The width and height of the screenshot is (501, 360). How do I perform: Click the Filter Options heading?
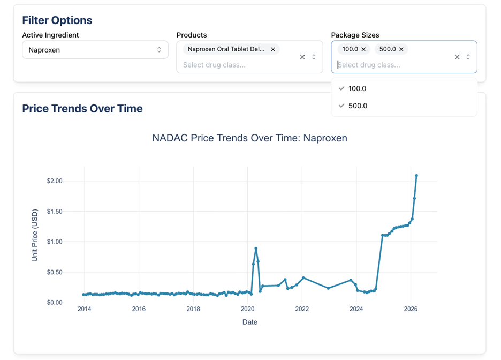pos(57,20)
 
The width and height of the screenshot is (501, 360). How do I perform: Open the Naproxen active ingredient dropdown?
pos(95,50)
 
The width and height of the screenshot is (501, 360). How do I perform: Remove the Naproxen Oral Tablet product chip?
pos(273,49)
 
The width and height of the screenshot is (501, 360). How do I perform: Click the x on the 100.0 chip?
pos(363,49)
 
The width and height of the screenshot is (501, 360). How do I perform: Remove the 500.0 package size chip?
pos(401,49)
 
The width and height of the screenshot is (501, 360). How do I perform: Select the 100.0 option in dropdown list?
pos(357,88)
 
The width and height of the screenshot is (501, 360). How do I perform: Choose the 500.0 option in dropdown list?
pos(358,106)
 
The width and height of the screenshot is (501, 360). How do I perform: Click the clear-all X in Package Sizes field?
pos(457,57)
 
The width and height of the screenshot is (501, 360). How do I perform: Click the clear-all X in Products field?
pos(302,57)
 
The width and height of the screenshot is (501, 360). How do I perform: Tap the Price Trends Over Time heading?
pos(82,109)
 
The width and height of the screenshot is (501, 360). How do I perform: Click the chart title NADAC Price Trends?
pos(249,138)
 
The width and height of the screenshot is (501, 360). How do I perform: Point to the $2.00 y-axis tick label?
pos(55,181)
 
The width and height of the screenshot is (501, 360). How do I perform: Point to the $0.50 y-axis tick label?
pos(55,272)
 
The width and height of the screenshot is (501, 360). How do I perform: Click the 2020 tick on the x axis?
pos(248,309)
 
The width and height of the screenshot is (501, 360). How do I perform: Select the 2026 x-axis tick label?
pos(411,309)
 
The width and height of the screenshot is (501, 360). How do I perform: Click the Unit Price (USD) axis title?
pos(34,235)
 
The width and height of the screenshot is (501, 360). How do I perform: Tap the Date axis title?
pos(250,322)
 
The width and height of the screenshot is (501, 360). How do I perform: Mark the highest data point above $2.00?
pos(416,176)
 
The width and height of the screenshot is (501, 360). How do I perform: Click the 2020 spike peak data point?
pos(256,249)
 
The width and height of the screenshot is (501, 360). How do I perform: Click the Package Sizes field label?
pos(355,35)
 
